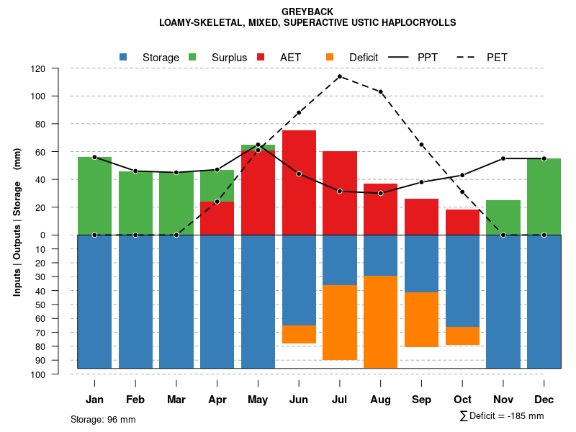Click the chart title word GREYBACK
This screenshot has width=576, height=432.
(x=307, y=12)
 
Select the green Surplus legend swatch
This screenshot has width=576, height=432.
(x=192, y=57)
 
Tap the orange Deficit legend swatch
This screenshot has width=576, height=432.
(x=330, y=57)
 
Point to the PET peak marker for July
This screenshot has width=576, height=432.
(x=339, y=76)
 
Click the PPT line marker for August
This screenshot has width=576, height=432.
(x=380, y=193)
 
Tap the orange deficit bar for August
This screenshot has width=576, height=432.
(x=380, y=322)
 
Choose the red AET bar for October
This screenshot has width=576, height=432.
(x=462, y=222)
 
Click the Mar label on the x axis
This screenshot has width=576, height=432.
(x=176, y=400)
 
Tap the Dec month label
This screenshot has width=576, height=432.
(x=544, y=400)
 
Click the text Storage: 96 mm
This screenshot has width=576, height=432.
(x=103, y=419)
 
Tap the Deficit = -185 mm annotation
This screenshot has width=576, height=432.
(x=502, y=416)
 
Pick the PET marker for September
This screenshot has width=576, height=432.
(x=421, y=145)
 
